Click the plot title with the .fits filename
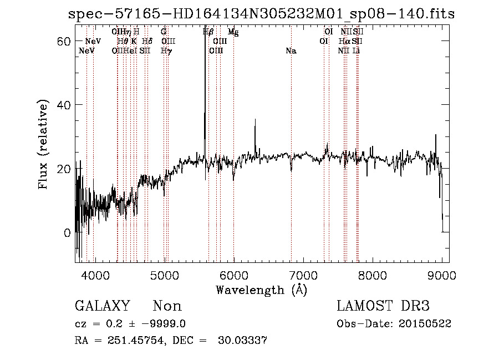pos(261,14)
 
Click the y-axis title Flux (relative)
pos(43,144)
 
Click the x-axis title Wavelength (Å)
pos(261,290)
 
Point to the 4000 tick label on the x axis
pos(95,275)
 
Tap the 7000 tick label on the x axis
pos(303,275)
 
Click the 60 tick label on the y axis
pos(65,41)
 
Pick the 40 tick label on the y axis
pos(65,105)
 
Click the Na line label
pos(291,51)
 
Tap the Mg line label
pos(233,32)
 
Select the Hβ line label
pos(208,32)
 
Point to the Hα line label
pos(344,42)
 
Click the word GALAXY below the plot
pos(102,306)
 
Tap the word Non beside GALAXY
pos(167,306)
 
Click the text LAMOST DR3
pos(383,306)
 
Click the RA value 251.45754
pos(133,341)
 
